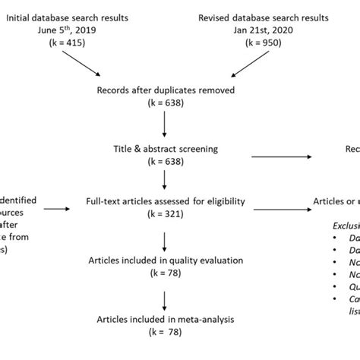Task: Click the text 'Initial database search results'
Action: pos(77,16)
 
